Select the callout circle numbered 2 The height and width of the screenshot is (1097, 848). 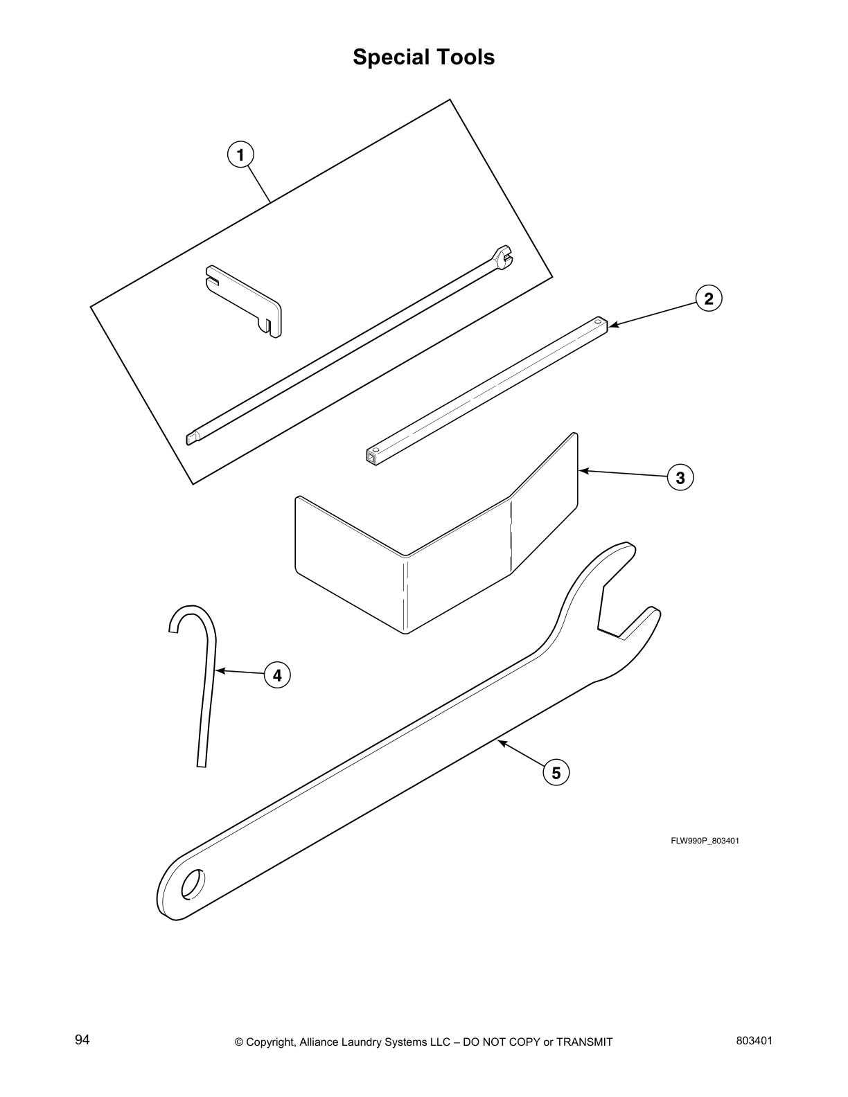pyautogui.click(x=708, y=298)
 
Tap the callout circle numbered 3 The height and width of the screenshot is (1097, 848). pyautogui.click(x=680, y=477)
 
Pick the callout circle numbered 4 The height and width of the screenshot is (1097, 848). pyautogui.click(x=277, y=674)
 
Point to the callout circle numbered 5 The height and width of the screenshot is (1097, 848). pyautogui.click(x=556, y=772)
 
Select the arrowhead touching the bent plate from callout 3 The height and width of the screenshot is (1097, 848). pyautogui.click(x=583, y=471)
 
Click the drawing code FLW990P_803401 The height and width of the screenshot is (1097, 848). pyautogui.click(x=705, y=841)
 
